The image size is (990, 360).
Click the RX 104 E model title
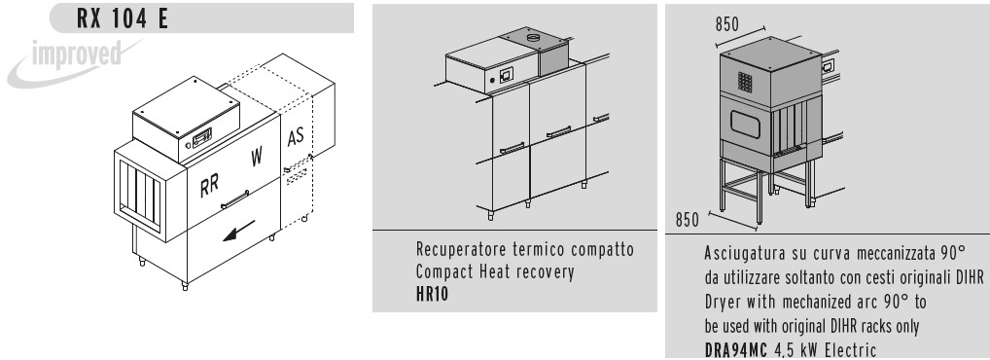point(123,18)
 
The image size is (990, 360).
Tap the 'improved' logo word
point(77,54)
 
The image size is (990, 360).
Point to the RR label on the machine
point(210,186)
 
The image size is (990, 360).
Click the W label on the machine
point(257,156)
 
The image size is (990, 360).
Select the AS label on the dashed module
point(296,136)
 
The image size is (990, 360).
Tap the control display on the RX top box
point(202,136)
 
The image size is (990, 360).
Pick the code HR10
point(433,294)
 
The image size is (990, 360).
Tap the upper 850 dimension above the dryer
point(727,24)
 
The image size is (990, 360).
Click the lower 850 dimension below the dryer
point(688,219)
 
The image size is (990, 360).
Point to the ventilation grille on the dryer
point(745,82)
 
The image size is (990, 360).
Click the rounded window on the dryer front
point(745,124)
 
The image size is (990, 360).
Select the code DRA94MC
point(735,349)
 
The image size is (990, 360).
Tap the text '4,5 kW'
point(795,349)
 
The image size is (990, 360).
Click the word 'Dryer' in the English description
point(723,303)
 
